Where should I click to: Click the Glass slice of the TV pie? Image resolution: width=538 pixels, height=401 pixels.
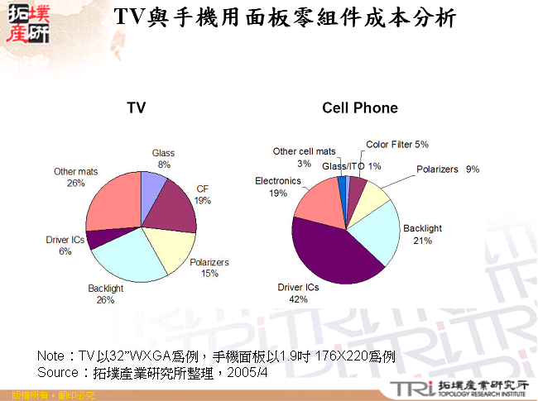pos(152,188)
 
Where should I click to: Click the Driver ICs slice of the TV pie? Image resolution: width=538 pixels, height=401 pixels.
pos(98,239)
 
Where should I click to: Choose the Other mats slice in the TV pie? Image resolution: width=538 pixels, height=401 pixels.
pos(112,203)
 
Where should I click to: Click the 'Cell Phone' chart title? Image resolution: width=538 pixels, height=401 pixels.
pos(360,108)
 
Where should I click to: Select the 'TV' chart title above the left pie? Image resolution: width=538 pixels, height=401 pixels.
pos(137,108)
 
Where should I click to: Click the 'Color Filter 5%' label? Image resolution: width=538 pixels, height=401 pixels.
pos(397,145)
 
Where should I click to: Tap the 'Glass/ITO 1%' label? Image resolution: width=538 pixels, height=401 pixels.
pos(352,166)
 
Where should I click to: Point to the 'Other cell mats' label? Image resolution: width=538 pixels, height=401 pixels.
pos(304,152)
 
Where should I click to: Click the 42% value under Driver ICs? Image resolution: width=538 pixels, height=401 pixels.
pos(298,300)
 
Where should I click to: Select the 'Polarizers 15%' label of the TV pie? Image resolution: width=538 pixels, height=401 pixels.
pos(209,268)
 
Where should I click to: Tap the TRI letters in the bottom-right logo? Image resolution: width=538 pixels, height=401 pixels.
pos(411,389)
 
